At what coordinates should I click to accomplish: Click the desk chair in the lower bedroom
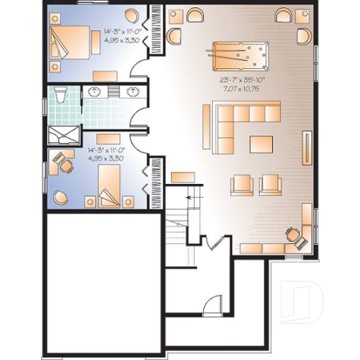pyautogui.click(x=66, y=166)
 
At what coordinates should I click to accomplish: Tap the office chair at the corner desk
pyautogui.click(x=293, y=235)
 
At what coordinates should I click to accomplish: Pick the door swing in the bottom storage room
pyautogui.click(x=211, y=304)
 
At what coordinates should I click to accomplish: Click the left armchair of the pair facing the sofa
pyautogui.click(x=241, y=183)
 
